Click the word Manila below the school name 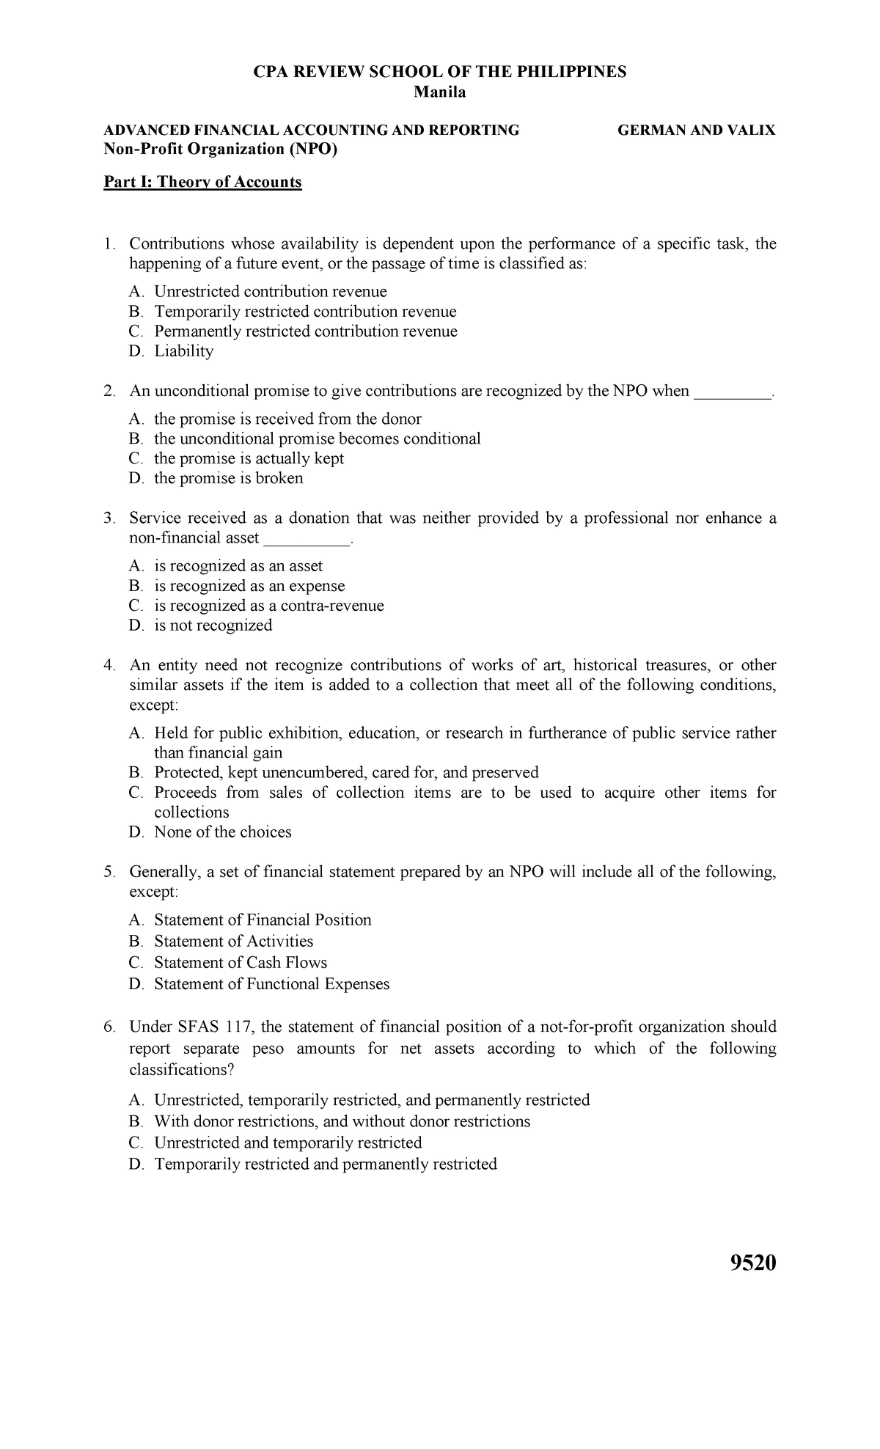(440, 92)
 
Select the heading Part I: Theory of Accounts (202, 182)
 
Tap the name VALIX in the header (752, 131)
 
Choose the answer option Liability (183, 351)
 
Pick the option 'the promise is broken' (228, 478)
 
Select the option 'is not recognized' (213, 626)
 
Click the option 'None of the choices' (222, 832)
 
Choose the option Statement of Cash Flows (241, 962)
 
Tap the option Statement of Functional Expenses (271, 983)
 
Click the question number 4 (109, 665)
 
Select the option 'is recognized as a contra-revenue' (268, 606)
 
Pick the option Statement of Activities (233, 941)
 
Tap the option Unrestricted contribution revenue (270, 291)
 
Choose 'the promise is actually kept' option (249, 458)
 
